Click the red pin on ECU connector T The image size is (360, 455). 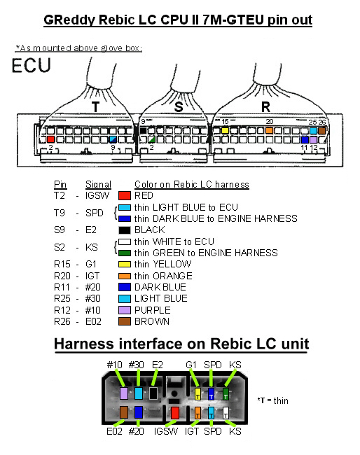(x=51, y=139)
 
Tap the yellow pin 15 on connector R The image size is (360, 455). (x=225, y=131)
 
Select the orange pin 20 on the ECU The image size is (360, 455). (x=269, y=131)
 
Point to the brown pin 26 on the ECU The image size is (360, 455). (x=321, y=131)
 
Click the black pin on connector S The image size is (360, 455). (x=143, y=131)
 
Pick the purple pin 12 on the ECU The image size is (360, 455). (x=313, y=140)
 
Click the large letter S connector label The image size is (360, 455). (x=179, y=107)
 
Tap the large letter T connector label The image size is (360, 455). (x=95, y=107)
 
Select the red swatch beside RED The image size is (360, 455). (x=125, y=195)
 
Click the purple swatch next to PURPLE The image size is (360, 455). (x=125, y=310)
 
